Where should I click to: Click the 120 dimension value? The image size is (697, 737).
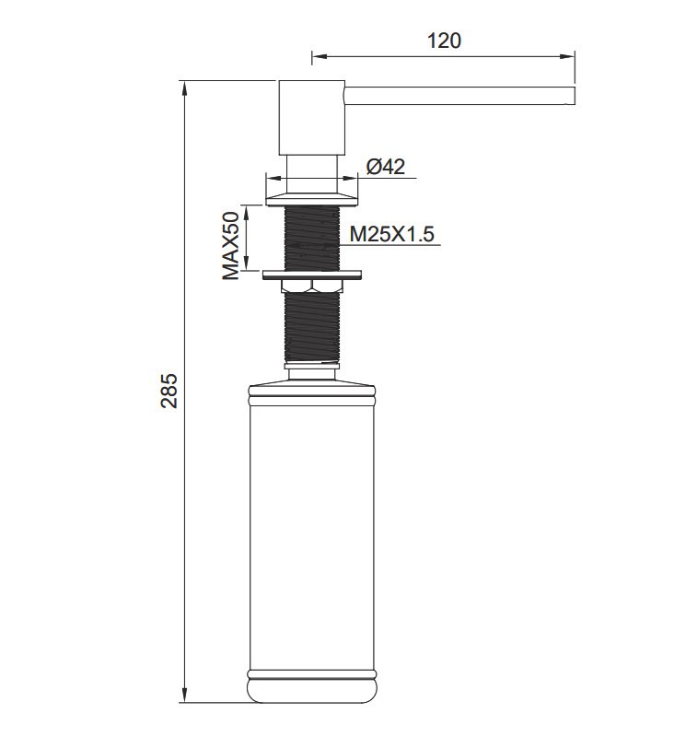(x=444, y=41)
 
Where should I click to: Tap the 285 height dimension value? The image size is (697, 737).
(x=169, y=391)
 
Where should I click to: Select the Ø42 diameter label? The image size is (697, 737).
(x=386, y=167)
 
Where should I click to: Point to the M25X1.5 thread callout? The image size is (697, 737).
(x=391, y=234)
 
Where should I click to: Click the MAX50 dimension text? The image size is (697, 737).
(x=230, y=245)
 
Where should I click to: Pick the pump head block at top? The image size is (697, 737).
(x=312, y=118)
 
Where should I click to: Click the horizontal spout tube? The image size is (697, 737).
(x=460, y=96)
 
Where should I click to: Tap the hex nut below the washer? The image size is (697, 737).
(x=312, y=286)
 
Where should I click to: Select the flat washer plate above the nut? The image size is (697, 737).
(x=312, y=275)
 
